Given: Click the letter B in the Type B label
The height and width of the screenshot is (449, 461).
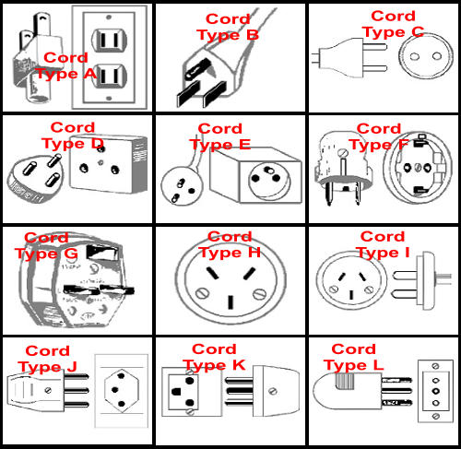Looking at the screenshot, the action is [x=253, y=34].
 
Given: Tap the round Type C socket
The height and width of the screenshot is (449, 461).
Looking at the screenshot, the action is [x=426, y=56].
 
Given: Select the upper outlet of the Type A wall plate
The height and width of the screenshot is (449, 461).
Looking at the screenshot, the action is [x=110, y=41].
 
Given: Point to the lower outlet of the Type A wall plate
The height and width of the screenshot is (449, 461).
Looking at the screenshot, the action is [x=110, y=77].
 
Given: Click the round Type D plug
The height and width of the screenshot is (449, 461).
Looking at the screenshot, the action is [x=35, y=178].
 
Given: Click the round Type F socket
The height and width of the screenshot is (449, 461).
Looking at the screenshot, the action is [x=418, y=168].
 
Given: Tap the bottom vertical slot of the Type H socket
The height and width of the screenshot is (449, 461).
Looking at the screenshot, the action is [x=230, y=302].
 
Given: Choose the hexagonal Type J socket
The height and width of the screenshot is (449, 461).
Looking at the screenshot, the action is [x=122, y=391].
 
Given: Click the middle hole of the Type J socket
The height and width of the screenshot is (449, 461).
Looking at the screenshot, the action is [x=115, y=390].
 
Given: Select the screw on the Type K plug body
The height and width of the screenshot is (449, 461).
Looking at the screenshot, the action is [x=273, y=391].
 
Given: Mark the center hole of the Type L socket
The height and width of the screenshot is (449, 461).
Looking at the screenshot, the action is [x=435, y=391].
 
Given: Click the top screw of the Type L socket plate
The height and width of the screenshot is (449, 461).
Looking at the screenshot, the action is [x=435, y=366].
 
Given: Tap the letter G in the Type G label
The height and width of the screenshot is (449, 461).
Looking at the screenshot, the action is [x=71, y=254].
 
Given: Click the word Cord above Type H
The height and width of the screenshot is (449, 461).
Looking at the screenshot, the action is [x=230, y=237].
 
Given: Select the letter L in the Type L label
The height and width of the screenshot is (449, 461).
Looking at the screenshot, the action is [x=378, y=365].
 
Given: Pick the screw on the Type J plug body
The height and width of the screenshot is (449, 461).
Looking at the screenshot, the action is [x=48, y=390].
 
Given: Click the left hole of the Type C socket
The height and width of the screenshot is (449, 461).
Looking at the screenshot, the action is [x=415, y=56].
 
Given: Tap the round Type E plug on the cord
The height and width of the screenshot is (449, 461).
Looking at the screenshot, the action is [x=182, y=186].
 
